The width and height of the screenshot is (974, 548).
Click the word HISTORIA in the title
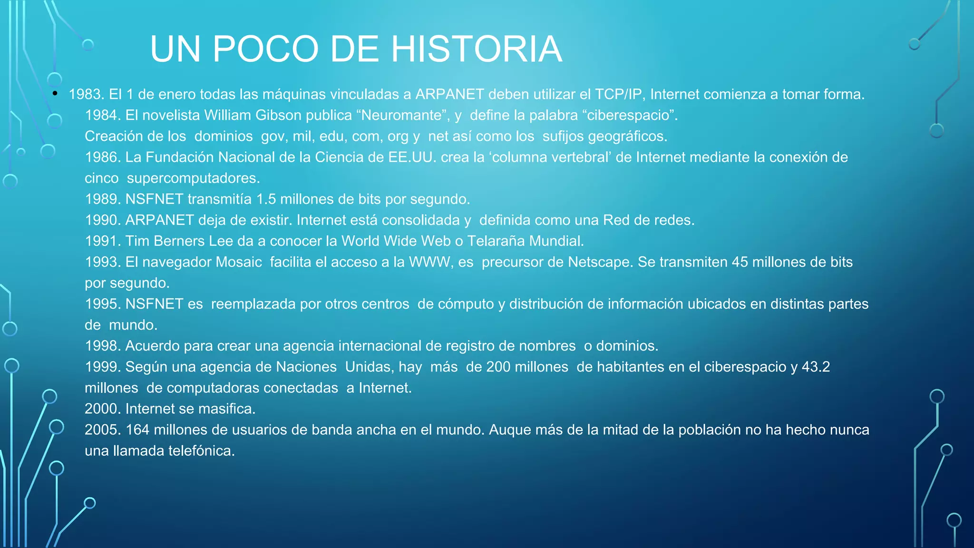click(477, 49)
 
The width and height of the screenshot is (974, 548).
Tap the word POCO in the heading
click(265, 49)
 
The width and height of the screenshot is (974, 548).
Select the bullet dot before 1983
click(55, 93)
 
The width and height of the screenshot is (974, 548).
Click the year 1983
click(86, 94)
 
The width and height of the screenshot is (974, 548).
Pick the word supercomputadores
click(193, 178)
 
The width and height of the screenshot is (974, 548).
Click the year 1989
click(103, 199)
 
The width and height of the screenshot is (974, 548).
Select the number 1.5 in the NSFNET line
click(266, 199)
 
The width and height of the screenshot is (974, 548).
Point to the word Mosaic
click(239, 262)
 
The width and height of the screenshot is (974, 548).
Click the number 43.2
click(816, 367)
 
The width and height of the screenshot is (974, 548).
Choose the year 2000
click(103, 409)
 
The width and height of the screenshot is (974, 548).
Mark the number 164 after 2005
click(137, 430)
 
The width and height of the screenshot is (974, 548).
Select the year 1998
click(103, 346)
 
